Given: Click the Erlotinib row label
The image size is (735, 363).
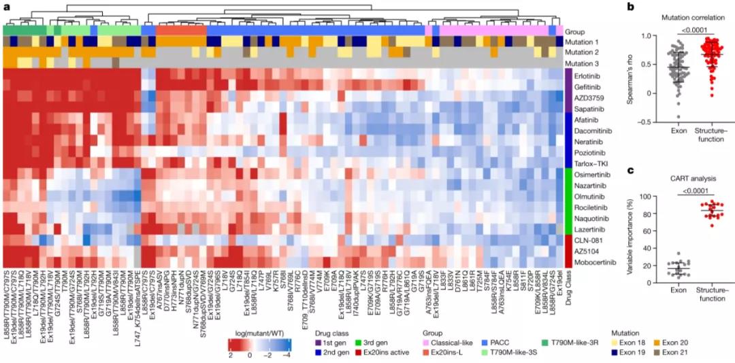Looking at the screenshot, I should coord(587,77).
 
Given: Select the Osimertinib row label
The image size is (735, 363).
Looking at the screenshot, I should coord(590,175).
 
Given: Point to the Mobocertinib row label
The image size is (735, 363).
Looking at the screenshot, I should coord(592,262).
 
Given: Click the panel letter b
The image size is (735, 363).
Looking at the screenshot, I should coord(630,8).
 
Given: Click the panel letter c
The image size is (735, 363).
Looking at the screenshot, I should coord(630,171).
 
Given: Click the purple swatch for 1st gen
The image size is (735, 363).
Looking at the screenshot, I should coord(318,344).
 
